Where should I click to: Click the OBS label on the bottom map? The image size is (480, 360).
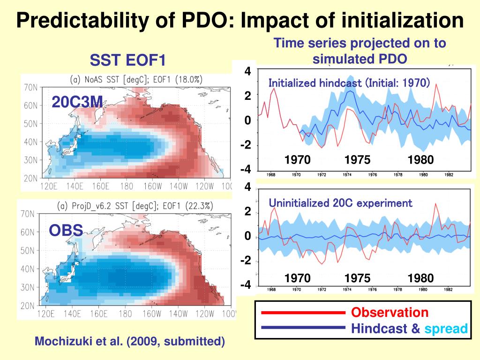tap(66, 230)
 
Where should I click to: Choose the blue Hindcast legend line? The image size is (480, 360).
tap(303, 328)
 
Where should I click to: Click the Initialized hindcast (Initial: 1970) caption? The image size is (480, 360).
tap(349, 83)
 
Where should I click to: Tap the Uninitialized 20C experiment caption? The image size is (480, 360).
tap(340, 203)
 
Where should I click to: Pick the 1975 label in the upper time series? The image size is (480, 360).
tap(357, 160)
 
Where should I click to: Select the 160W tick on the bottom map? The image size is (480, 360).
tap(152, 314)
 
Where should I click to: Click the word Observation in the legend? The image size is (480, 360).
tap(390, 313)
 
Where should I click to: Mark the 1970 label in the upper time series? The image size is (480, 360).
tap(297, 160)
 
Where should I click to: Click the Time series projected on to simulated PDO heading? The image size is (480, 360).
tap(360, 51)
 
